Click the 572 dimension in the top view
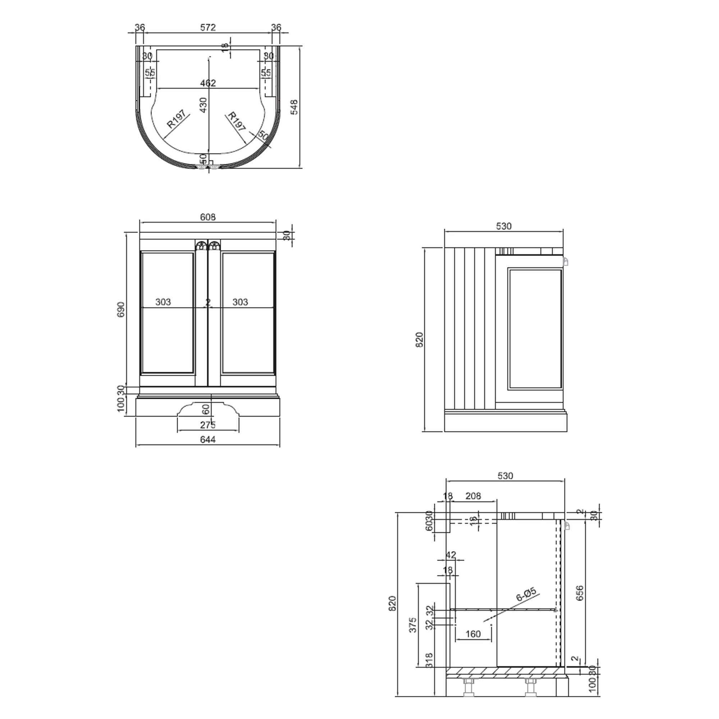208,28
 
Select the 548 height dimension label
294,107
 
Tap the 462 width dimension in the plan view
208,83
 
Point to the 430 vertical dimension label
203,105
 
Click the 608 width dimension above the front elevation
208,217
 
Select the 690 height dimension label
121,310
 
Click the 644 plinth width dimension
208,440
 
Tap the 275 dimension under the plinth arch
208,425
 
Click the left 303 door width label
163,302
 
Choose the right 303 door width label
240,302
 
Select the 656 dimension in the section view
580,593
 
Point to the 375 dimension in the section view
413,625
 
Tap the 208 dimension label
473,496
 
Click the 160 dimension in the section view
473,634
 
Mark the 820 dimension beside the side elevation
420,340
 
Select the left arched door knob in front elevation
201,246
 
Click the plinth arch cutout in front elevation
208,409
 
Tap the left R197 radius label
176,119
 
